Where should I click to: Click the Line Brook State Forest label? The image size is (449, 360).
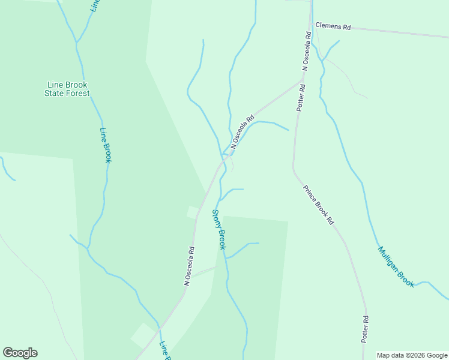tap(68, 89)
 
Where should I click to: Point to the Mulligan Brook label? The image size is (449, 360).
tap(396, 266)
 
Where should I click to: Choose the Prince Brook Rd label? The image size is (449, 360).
tap(319, 205)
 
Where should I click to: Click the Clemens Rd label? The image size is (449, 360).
tap(333, 27)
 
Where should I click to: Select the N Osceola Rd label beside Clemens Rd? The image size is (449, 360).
tap(306, 52)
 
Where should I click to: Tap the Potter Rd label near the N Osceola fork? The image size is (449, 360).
tap(301, 97)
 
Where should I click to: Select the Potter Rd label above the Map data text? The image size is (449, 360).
tap(364, 329)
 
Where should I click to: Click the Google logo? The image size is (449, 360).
tap(20, 353)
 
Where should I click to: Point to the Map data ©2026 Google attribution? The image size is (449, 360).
tap(412, 355)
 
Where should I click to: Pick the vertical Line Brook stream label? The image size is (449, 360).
tap(106, 145)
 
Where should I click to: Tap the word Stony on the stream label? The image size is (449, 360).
tap(216, 219)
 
